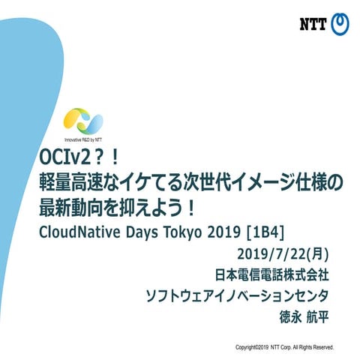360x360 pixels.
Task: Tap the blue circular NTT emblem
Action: pos(340,24)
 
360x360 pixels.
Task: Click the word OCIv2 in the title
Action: pos(63,159)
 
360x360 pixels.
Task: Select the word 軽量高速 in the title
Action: pos(75,182)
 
